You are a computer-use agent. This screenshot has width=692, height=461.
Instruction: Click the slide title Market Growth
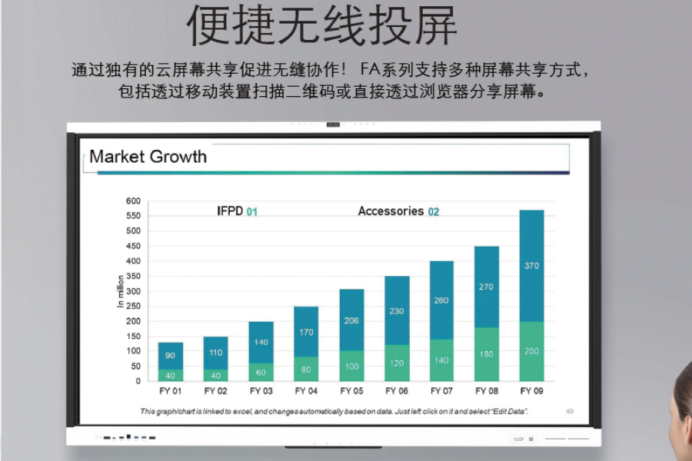click(x=148, y=157)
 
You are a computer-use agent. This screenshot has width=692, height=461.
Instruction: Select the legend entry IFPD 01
click(x=237, y=211)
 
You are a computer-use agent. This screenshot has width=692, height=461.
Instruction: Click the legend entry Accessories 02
click(x=398, y=211)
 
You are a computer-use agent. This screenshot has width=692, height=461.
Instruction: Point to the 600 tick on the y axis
click(x=133, y=201)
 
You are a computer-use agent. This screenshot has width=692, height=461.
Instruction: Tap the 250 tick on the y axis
click(x=133, y=307)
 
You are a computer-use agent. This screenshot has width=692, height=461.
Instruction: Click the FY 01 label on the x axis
click(x=170, y=391)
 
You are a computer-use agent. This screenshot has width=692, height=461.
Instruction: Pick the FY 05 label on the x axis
click(x=351, y=391)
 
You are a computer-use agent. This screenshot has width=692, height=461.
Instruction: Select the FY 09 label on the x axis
click(x=531, y=391)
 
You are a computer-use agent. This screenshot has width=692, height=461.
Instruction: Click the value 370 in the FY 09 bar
click(x=531, y=266)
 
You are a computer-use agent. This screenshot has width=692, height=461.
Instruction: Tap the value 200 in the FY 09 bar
click(x=531, y=351)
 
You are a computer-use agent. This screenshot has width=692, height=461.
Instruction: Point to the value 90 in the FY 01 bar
click(x=170, y=356)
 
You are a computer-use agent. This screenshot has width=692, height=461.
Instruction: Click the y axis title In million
click(x=121, y=292)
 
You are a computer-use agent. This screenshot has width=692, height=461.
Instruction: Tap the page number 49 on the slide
click(x=570, y=411)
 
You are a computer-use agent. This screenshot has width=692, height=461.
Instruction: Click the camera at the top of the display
click(x=333, y=124)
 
